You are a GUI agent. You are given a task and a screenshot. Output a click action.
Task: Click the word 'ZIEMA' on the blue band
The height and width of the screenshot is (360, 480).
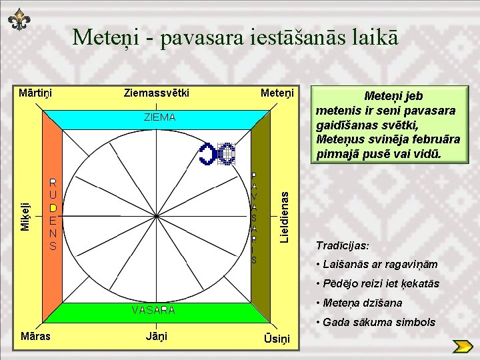pos(159,117)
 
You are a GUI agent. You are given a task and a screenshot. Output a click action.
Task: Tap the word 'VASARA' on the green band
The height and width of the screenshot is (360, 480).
pos(153,310)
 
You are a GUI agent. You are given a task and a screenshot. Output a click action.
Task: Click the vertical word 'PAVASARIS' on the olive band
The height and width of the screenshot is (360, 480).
pos(254,217)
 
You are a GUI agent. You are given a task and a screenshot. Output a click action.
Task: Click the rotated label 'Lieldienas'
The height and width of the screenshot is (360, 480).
pos(284,217)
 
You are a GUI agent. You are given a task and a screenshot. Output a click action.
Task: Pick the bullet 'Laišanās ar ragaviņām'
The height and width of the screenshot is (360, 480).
pos(377,265)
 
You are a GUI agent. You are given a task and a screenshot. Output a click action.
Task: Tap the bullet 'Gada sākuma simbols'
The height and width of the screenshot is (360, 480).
pos(377,323)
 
